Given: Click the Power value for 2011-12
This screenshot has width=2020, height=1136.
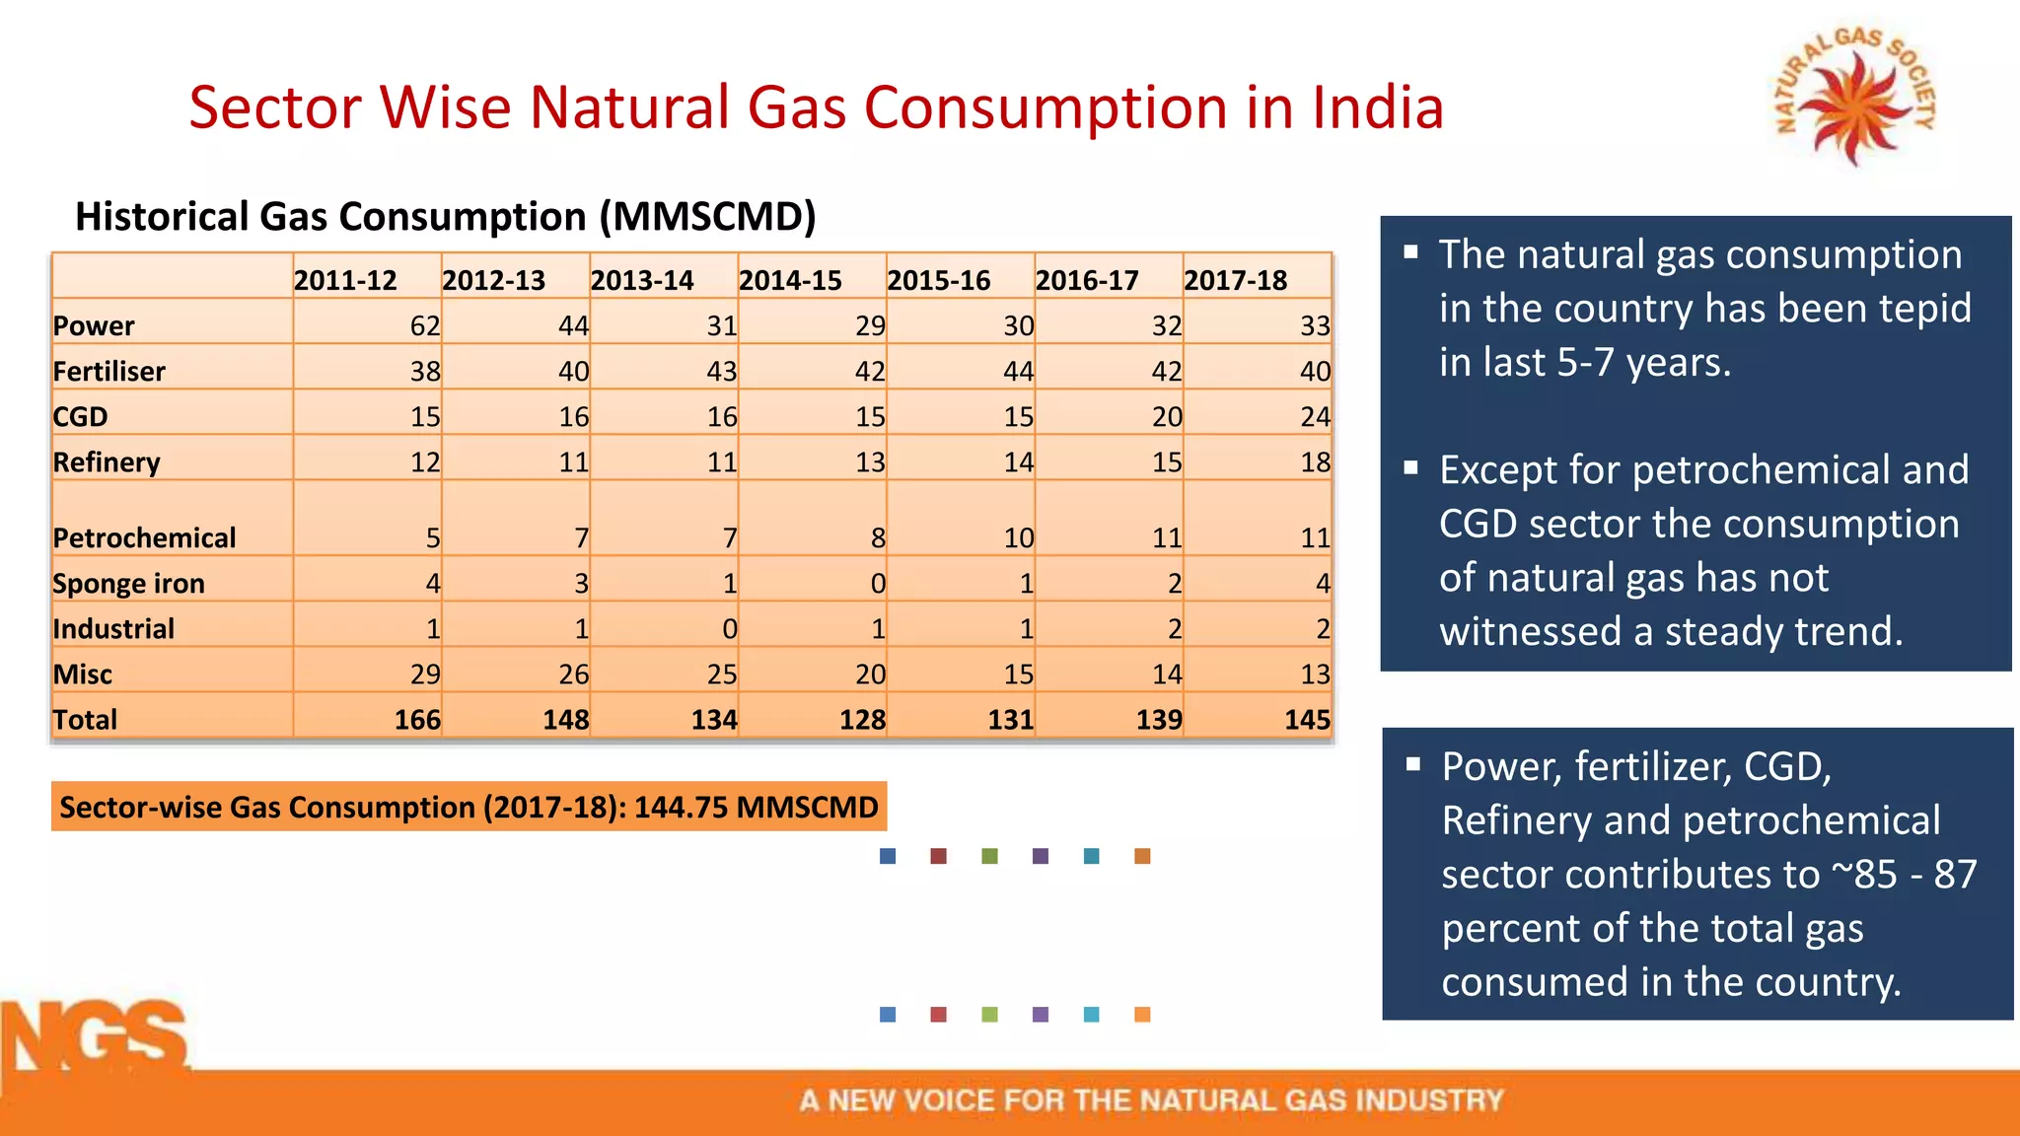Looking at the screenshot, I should (424, 325).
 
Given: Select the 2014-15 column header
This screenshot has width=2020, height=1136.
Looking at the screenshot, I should (790, 280).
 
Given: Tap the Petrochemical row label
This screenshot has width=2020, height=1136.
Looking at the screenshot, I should (144, 537).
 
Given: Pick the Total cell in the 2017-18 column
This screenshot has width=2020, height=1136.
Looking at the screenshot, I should (1306, 719).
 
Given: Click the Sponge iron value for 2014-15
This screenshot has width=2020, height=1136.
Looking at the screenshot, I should (877, 583).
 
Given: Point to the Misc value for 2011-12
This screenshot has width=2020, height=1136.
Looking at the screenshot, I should (424, 674).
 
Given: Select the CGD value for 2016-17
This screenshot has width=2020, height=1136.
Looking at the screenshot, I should (1166, 416).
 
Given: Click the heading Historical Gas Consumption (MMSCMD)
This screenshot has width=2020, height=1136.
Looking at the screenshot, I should (445, 216).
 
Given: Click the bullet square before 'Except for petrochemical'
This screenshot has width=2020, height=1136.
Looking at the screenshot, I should (1411, 468).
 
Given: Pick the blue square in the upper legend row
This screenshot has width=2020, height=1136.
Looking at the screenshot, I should (888, 856).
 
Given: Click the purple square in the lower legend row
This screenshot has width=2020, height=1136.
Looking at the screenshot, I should (1040, 1014).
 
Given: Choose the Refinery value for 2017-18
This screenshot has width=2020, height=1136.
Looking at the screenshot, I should (1314, 461).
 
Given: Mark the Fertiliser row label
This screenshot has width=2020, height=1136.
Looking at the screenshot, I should (108, 371).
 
